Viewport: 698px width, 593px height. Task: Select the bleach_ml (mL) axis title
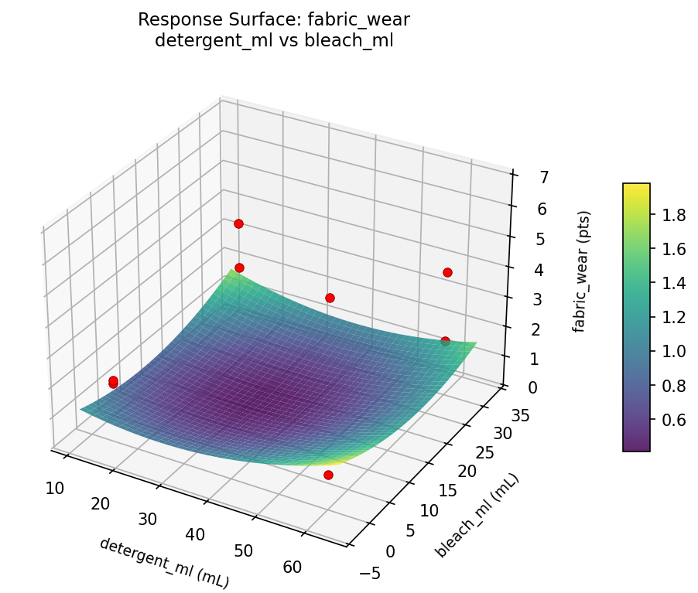tap(477, 516)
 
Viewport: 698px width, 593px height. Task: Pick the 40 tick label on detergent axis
tap(195, 534)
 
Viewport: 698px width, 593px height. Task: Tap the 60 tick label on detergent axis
tap(293, 567)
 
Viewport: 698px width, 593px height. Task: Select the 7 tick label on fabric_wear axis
tap(523, 177)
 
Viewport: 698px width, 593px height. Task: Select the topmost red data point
tap(238, 223)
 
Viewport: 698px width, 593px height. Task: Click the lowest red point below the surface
tap(328, 475)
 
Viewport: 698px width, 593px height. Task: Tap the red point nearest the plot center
tap(330, 298)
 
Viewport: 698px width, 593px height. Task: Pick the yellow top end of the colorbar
tap(636, 188)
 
